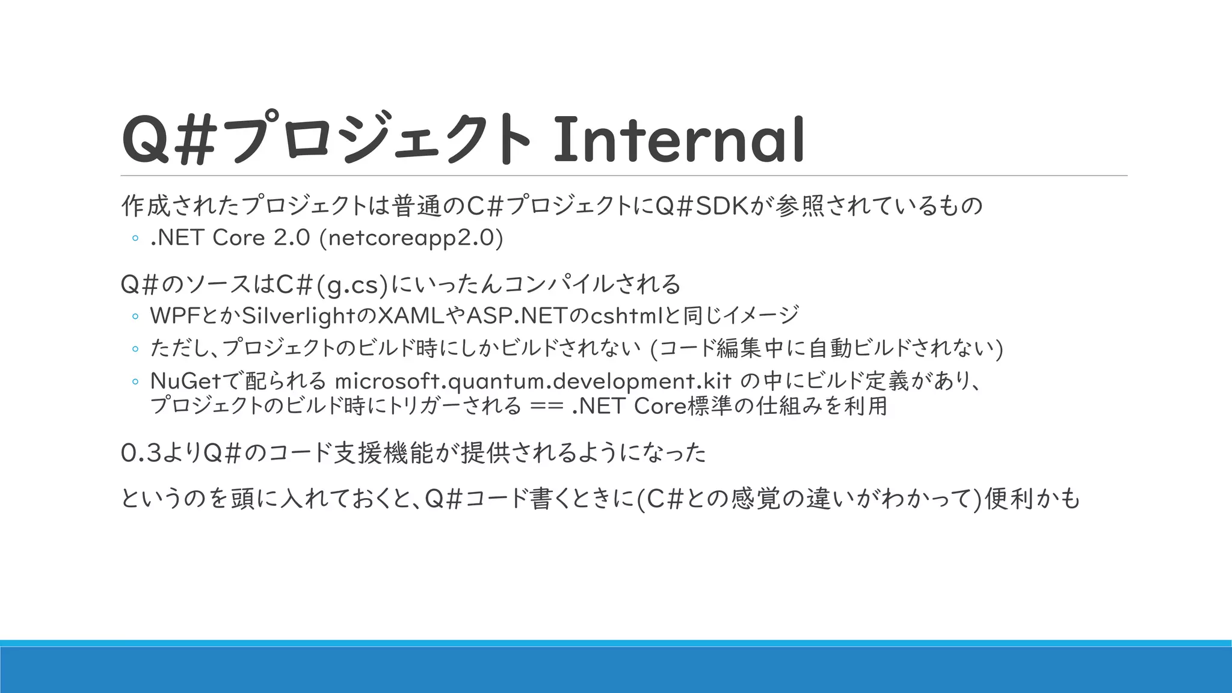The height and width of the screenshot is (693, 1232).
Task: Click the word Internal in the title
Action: click(679, 140)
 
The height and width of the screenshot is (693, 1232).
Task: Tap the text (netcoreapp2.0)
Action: click(411, 238)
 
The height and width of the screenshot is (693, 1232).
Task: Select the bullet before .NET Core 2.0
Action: click(135, 239)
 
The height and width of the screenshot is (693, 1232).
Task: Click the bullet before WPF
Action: click(135, 316)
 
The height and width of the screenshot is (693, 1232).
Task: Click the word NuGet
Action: click(185, 381)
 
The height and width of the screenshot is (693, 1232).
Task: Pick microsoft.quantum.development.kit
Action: click(533, 381)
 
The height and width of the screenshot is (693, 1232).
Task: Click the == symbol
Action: click(547, 407)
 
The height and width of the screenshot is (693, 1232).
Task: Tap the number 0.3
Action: click(141, 453)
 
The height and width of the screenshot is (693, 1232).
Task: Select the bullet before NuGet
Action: click(135, 381)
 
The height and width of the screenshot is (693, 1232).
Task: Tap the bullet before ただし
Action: click(135, 349)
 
